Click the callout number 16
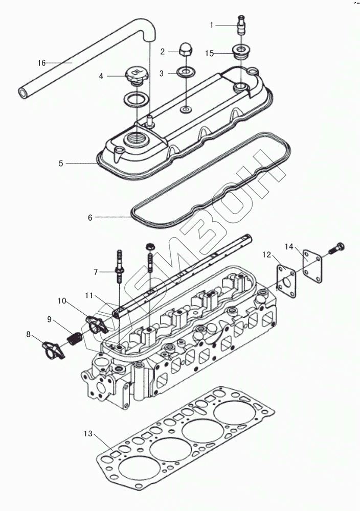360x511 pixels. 41,63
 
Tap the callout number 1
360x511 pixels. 212,25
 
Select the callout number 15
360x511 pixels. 210,53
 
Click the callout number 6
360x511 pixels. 90,217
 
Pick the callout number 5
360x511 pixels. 61,164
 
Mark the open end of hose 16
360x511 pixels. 23,93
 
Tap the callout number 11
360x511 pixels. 88,295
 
